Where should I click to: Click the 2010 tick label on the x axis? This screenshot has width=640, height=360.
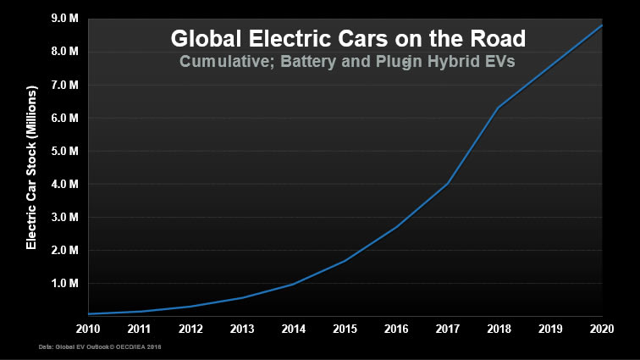(x=87, y=328)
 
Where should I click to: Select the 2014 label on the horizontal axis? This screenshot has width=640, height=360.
(x=293, y=328)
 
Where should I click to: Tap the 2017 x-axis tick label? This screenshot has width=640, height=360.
(x=446, y=328)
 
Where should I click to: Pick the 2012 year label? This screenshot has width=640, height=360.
(x=190, y=328)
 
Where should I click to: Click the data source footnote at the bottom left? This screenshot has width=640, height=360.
(x=100, y=347)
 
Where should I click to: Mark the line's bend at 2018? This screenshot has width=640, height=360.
(x=499, y=108)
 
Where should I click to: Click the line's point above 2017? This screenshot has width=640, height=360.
(x=447, y=184)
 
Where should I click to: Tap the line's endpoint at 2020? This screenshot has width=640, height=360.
(x=602, y=25)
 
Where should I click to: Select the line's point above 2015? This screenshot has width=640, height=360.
(x=345, y=260)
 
